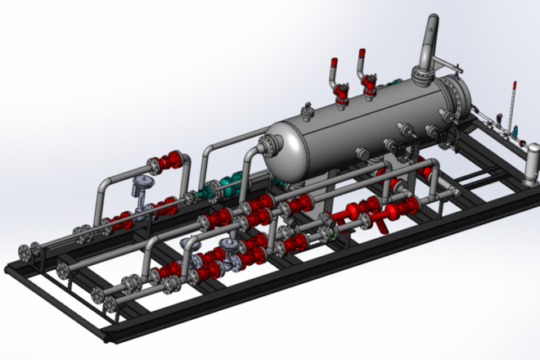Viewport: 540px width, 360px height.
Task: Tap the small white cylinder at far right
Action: click(x=533, y=161)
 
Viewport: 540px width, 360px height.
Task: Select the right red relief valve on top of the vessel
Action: click(x=369, y=80)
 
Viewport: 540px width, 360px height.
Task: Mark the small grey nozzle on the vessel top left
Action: click(x=308, y=110)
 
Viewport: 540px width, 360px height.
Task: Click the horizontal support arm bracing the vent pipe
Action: click(x=443, y=64)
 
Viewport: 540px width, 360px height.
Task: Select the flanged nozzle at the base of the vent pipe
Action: click(x=423, y=79)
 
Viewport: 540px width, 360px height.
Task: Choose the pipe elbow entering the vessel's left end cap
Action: click(x=263, y=146)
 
